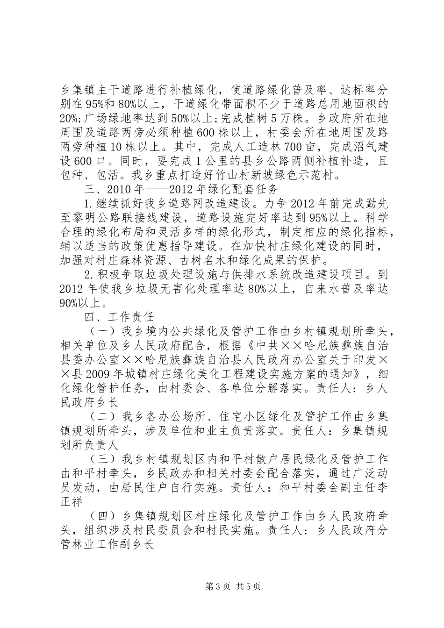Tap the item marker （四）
tap(102, 516)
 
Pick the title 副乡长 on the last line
tap(138, 545)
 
